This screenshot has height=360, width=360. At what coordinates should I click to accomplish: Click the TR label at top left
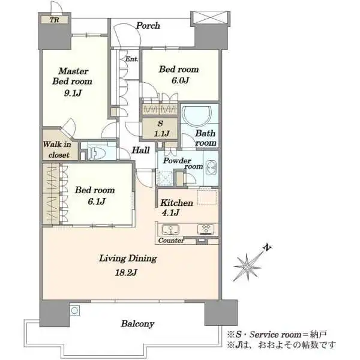click(55, 20)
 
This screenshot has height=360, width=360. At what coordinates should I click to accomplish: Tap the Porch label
click(148, 25)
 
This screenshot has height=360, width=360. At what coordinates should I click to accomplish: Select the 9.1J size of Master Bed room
click(73, 93)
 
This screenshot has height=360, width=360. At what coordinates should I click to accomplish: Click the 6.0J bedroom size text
click(180, 80)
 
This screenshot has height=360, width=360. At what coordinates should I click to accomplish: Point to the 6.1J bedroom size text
click(97, 202)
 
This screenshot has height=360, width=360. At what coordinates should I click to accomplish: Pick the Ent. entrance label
click(132, 59)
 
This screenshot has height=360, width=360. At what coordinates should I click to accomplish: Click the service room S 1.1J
click(160, 128)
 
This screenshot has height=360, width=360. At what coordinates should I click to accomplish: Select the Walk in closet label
click(57, 149)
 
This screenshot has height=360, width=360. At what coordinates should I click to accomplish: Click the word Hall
click(140, 150)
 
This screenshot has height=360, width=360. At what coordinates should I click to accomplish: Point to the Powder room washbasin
click(211, 168)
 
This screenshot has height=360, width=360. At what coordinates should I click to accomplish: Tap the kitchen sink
click(170, 229)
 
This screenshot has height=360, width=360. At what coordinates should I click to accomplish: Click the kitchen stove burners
click(206, 229)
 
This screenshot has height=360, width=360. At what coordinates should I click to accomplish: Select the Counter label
click(171, 241)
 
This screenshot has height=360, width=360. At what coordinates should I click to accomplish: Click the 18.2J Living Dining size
click(126, 272)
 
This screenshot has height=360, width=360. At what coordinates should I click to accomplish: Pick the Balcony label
click(137, 324)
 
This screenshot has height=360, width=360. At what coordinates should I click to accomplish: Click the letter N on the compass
click(267, 247)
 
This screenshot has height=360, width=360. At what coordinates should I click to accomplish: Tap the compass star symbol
click(247, 267)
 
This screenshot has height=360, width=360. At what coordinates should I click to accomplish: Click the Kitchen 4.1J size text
click(170, 212)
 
